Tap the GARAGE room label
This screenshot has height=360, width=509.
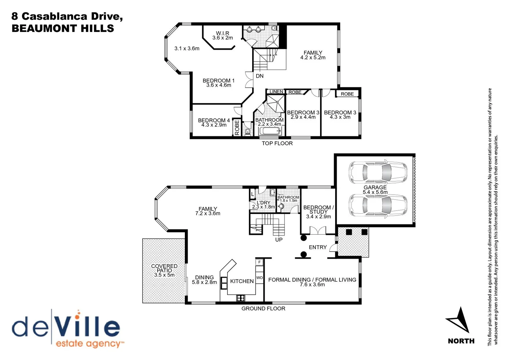tap(375, 187)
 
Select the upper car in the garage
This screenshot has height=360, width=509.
tap(377, 172)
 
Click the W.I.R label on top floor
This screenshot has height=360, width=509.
tap(223, 33)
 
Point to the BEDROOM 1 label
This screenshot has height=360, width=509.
tap(219, 80)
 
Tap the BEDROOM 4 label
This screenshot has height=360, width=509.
tap(214, 120)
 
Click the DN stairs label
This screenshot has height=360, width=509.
tap(259, 76)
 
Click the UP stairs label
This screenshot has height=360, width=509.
tap(279, 240)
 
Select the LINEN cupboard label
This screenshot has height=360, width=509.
tap(276, 92)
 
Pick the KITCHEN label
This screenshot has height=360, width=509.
tap(242, 281)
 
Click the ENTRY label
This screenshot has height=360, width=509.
tap(317, 247)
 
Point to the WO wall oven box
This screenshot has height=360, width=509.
tap(259, 278)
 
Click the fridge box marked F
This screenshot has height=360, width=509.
tap(259, 262)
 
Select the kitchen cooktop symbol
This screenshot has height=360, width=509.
tap(241, 298)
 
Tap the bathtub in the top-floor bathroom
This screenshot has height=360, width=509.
tap(270, 131)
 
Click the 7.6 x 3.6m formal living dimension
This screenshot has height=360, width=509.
tap(312, 285)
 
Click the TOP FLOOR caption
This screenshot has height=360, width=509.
tap(277, 143)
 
